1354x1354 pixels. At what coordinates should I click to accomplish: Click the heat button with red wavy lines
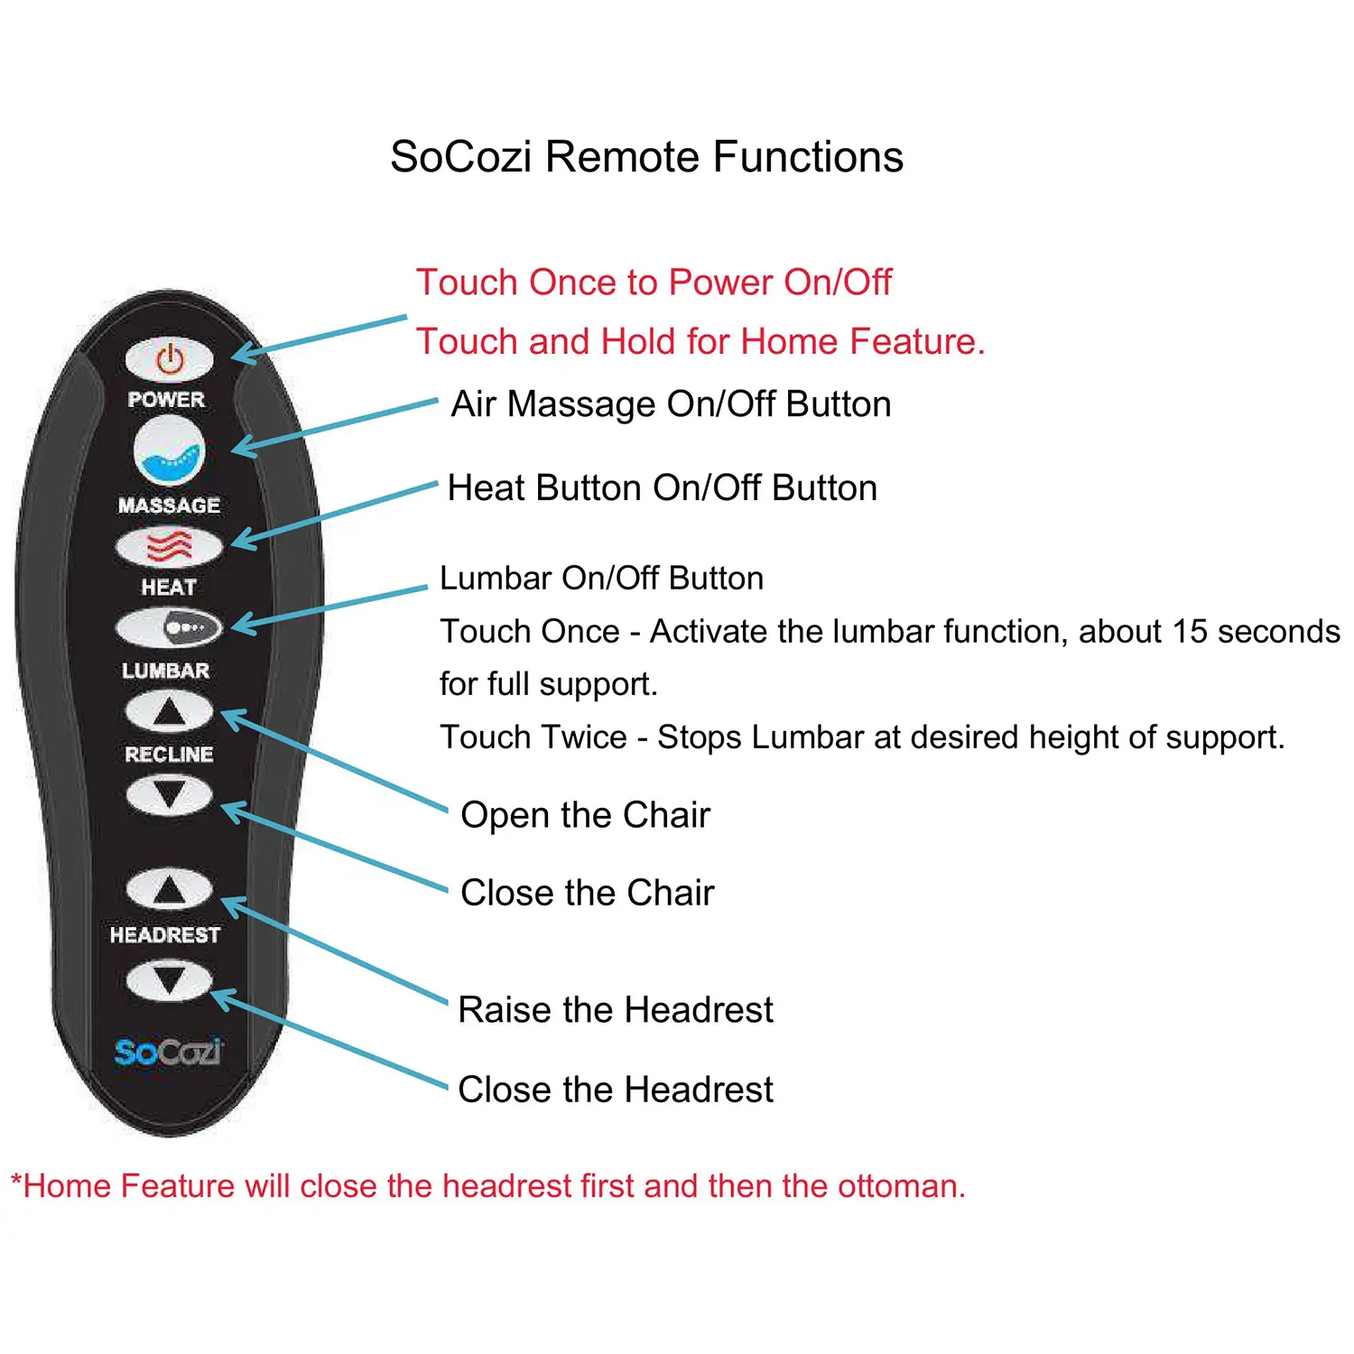pyautogui.click(x=169, y=546)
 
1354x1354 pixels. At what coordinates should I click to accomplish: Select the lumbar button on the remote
pyautogui.click(x=169, y=627)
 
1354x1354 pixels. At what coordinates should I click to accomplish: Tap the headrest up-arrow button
pyautogui.click(x=169, y=890)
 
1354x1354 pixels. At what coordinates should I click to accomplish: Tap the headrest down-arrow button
pyautogui.click(x=169, y=980)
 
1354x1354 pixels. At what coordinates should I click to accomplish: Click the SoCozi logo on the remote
pyautogui.click(x=168, y=1052)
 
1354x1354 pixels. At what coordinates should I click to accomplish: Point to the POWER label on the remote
pyautogui.click(x=166, y=399)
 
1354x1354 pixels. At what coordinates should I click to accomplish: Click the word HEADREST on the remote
pyautogui.click(x=165, y=935)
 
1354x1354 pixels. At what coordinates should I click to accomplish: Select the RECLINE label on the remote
pyautogui.click(x=169, y=754)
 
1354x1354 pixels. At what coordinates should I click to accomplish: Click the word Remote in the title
pyautogui.click(x=621, y=157)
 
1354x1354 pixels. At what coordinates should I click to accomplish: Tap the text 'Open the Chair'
pyautogui.click(x=585, y=815)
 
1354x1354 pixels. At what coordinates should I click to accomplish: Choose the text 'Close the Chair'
pyautogui.click(x=587, y=893)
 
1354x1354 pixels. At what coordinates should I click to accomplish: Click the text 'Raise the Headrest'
pyautogui.click(x=615, y=1009)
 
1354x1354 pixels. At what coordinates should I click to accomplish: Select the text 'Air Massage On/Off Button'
pyautogui.click(x=671, y=404)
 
